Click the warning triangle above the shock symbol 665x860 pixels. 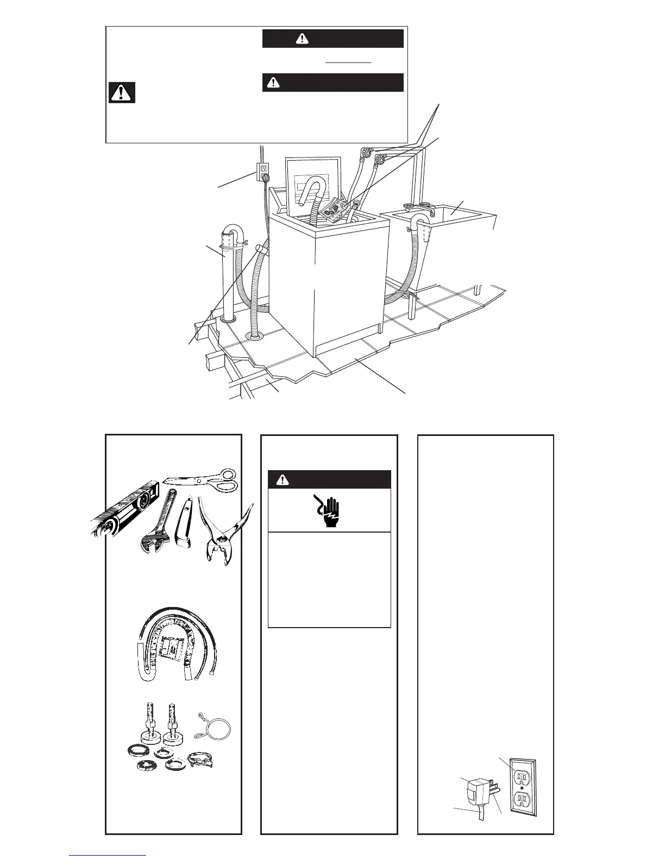pyautogui.click(x=281, y=480)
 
